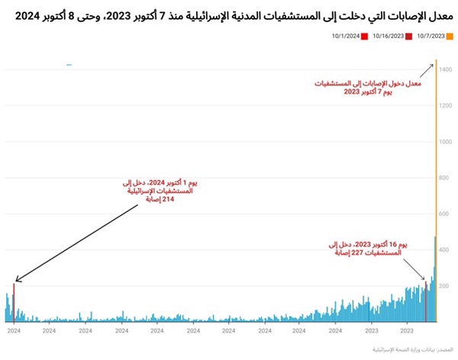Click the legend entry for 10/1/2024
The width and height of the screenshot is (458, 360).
[348, 36]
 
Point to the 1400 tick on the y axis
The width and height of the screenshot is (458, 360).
[447, 69]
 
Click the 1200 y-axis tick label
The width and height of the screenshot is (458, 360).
[447, 106]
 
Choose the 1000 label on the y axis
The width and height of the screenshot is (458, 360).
[447, 142]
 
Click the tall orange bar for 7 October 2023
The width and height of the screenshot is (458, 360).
[437, 191]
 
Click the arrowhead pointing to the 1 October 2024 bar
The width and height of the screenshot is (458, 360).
[17, 282]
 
